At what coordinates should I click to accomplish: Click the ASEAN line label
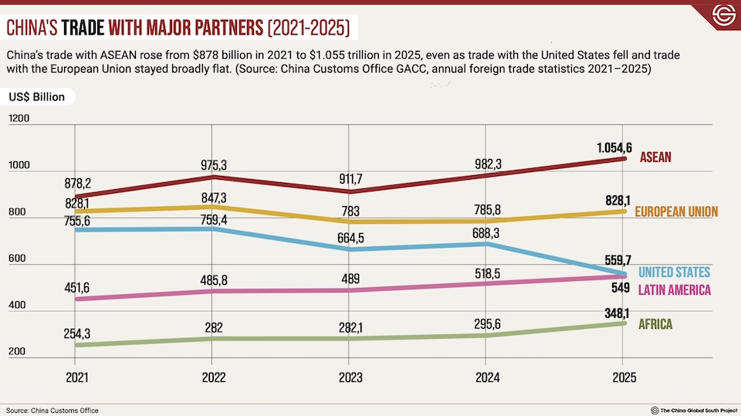(x=655, y=157)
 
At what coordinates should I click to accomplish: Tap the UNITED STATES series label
(x=674, y=272)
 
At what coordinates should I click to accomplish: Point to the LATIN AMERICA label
(x=674, y=289)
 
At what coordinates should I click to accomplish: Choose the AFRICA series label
(x=655, y=324)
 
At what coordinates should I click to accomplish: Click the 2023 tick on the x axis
(x=349, y=377)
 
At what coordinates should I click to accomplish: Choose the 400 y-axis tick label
(x=17, y=306)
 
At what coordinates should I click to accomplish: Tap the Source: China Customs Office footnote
(x=52, y=410)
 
